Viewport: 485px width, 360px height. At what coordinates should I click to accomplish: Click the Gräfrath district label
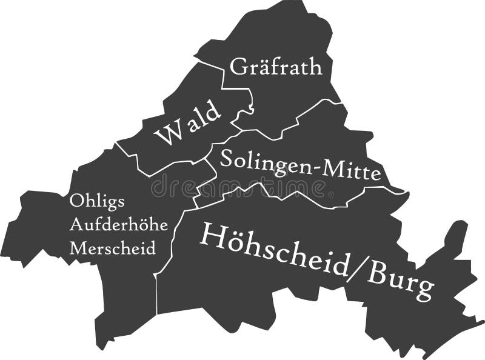tap(276, 66)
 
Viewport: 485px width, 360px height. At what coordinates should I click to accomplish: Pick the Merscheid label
tap(113, 247)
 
